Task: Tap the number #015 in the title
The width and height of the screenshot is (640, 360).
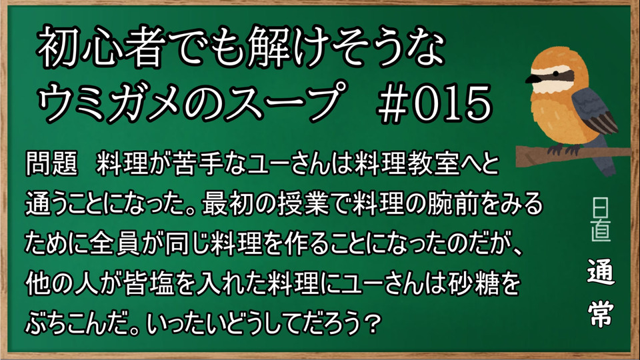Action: (x=435, y=103)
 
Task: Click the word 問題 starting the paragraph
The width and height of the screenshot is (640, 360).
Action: (x=52, y=163)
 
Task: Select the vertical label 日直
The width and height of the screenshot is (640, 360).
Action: (x=601, y=220)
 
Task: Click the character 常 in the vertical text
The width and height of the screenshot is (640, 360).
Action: (x=601, y=313)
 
